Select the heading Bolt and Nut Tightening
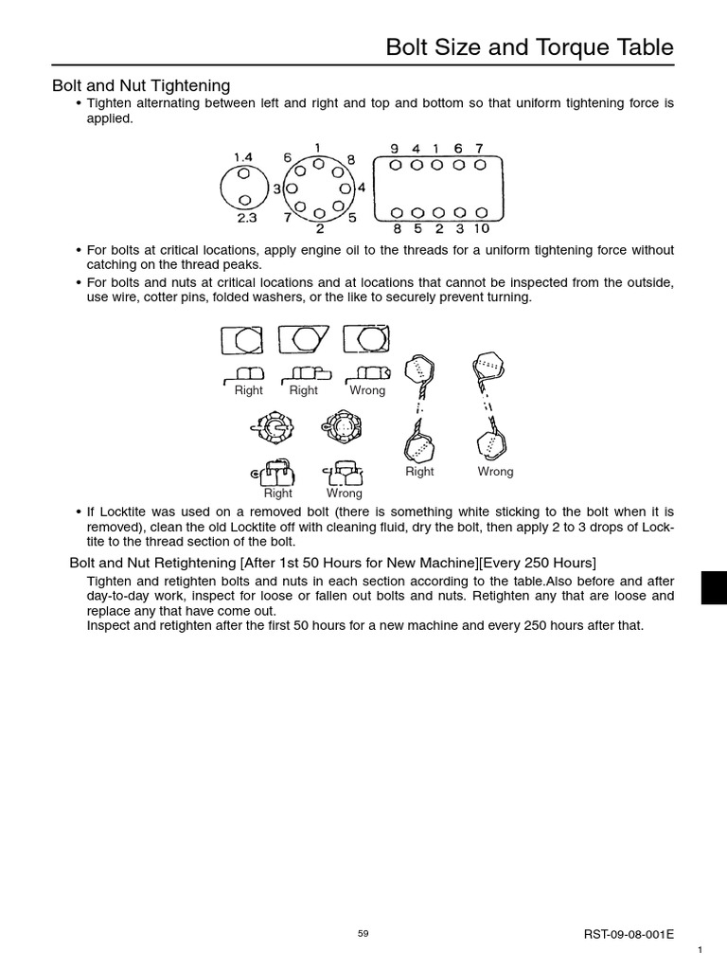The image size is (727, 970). click(141, 86)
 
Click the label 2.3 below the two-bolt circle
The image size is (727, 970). click(246, 218)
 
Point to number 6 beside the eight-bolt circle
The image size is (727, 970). click(286, 158)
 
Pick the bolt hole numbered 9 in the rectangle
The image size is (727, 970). click(395, 164)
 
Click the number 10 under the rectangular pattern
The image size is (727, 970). click(481, 228)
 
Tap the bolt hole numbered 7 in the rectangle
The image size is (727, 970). click(480, 164)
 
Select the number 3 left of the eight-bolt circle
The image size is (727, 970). click(276, 189)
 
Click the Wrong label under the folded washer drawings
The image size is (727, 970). click(367, 390)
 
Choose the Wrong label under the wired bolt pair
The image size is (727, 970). click(495, 472)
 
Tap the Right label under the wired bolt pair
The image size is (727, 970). click(419, 472)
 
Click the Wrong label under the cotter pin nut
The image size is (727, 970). click(345, 494)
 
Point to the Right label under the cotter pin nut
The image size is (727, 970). click(278, 494)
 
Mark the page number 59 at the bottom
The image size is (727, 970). click(363, 934)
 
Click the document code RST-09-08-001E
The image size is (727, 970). click(629, 934)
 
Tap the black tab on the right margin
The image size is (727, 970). click(714, 587)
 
